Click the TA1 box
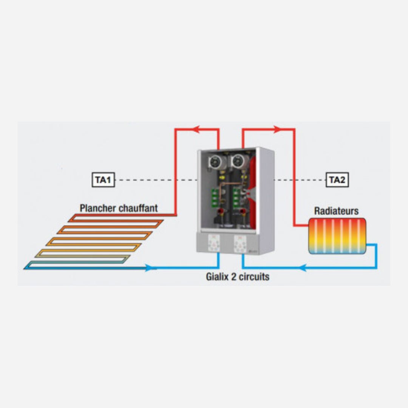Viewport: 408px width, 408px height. pyautogui.click(x=103, y=180)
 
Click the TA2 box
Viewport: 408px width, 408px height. pyautogui.click(x=337, y=180)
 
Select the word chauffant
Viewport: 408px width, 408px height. pyautogui.click(x=138, y=208)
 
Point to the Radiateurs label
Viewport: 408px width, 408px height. pyautogui.click(x=336, y=211)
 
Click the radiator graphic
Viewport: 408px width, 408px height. pyautogui.click(x=337, y=236)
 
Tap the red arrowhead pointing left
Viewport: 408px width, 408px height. pyautogui.click(x=196, y=129)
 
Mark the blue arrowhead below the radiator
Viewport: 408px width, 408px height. pyautogui.click(x=302, y=268)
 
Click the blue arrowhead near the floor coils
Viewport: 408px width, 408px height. pyautogui.click(x=151, y=268)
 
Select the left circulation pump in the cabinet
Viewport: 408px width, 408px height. pyautogui.click(x=216, y=162)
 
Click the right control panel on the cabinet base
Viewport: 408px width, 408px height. pyautogui.click(x=240, y=243)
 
